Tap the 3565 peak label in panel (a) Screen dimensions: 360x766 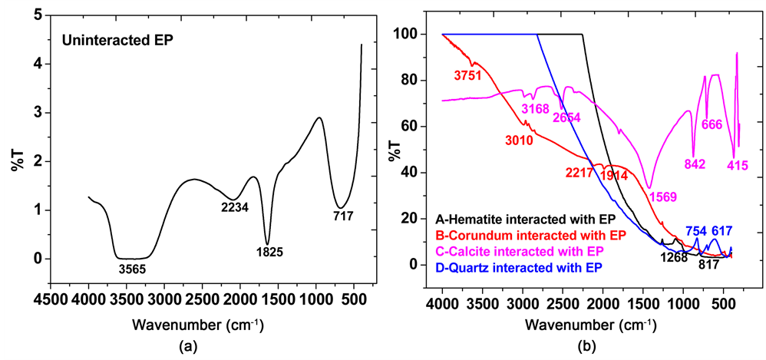130,269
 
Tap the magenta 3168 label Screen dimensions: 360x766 536,108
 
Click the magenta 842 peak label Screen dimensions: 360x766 693,163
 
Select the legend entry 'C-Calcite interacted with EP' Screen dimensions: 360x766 510,251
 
